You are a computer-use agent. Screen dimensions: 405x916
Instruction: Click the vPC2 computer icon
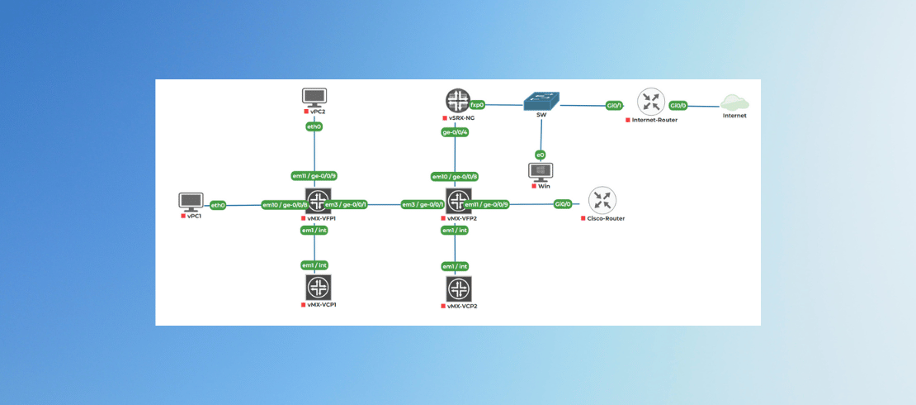click(x=314, y=97)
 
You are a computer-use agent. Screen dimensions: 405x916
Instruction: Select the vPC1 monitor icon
click(x=191, y=201)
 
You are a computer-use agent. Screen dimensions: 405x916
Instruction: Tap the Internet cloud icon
click(x=734, y=102)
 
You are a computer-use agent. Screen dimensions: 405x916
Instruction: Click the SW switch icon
click(x=541, y=101)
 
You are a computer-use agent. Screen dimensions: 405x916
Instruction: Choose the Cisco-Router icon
click(x=602, y=201)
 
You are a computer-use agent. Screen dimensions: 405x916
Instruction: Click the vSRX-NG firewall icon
click(x=457, y=102)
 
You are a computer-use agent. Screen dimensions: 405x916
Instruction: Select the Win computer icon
click(x=541, y=171)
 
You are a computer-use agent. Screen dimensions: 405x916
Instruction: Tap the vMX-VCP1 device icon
click(x=318, y=288)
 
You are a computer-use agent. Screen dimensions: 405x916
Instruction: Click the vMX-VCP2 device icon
click(x=458, y=289)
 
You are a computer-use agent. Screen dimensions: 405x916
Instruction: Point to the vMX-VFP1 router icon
click(x=318, y=201)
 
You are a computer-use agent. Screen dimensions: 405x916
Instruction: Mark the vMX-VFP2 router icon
click(x=458, y=201)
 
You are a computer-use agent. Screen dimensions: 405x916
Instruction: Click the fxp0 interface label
click(x=477, y=106)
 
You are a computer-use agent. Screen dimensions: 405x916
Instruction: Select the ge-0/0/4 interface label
click(x=456, y=132)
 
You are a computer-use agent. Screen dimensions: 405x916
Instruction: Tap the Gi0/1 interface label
click(x=614, y=106)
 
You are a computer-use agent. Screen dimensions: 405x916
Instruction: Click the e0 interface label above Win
click(x=541, y=155)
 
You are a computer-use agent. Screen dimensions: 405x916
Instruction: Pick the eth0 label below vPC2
click(x=314, y=127)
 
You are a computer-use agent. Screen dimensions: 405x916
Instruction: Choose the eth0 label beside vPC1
click(x=218, y=205)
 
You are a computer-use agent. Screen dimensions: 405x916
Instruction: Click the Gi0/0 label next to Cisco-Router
click(x=563, y=204)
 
